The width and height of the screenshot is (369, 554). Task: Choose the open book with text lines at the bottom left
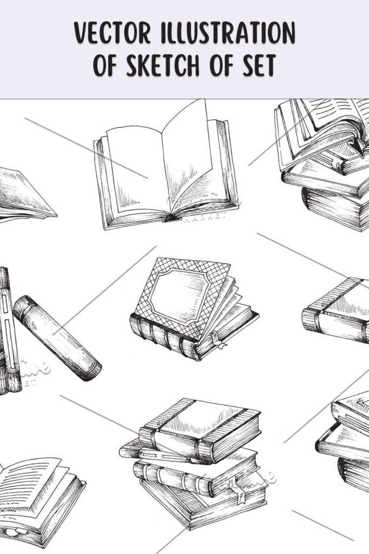click(41, 495)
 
